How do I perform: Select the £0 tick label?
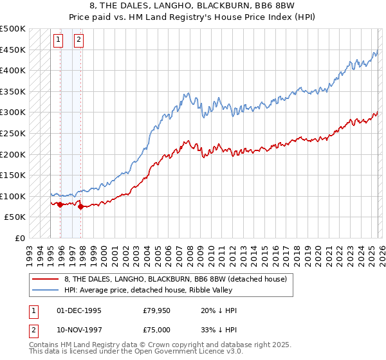click(x=19, y=238)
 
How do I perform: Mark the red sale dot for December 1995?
click(x=60, y=204)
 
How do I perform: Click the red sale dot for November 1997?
click(x=80, y=206)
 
